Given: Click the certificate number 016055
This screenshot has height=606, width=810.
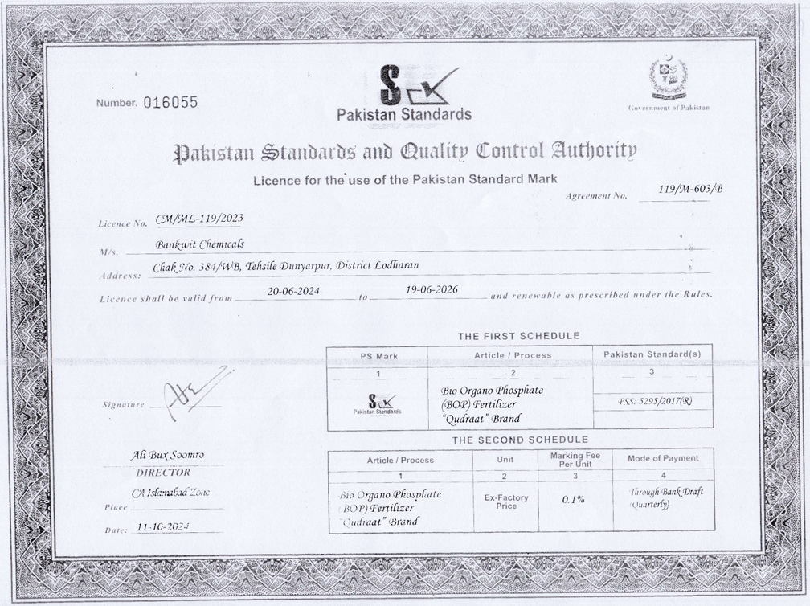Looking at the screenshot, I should click(x=170, y=102).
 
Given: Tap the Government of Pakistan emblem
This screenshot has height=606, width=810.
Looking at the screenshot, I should click(x=669, y=79).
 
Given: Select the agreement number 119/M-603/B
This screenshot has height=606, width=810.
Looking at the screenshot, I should click(x=689, y=189).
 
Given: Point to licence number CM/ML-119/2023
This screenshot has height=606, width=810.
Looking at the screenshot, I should click(x=199, y=218).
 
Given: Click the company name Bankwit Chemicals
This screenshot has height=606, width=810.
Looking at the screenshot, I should click(x=200, y=244).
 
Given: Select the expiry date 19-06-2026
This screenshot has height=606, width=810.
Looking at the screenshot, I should click(x=432, y=290).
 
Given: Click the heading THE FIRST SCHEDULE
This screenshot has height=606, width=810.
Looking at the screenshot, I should click(x=518, y=336).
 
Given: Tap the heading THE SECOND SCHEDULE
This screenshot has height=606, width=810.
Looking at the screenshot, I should click(x=520, y=440).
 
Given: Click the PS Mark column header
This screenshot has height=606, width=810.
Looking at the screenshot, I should click(x=377, y=355).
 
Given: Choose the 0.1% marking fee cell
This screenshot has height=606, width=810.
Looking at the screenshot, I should click(x=573, y=500).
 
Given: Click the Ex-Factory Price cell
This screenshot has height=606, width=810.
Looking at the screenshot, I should click(x=506, y=502).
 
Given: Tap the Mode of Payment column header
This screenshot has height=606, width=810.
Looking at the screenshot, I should click(x=663, y=458).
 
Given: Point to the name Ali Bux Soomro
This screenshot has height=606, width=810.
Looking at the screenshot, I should click(x=168, y=455).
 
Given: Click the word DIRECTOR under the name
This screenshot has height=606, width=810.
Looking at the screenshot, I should click(x=163, y=473).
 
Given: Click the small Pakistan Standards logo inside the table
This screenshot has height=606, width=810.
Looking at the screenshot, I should click(x=377, y=403).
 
